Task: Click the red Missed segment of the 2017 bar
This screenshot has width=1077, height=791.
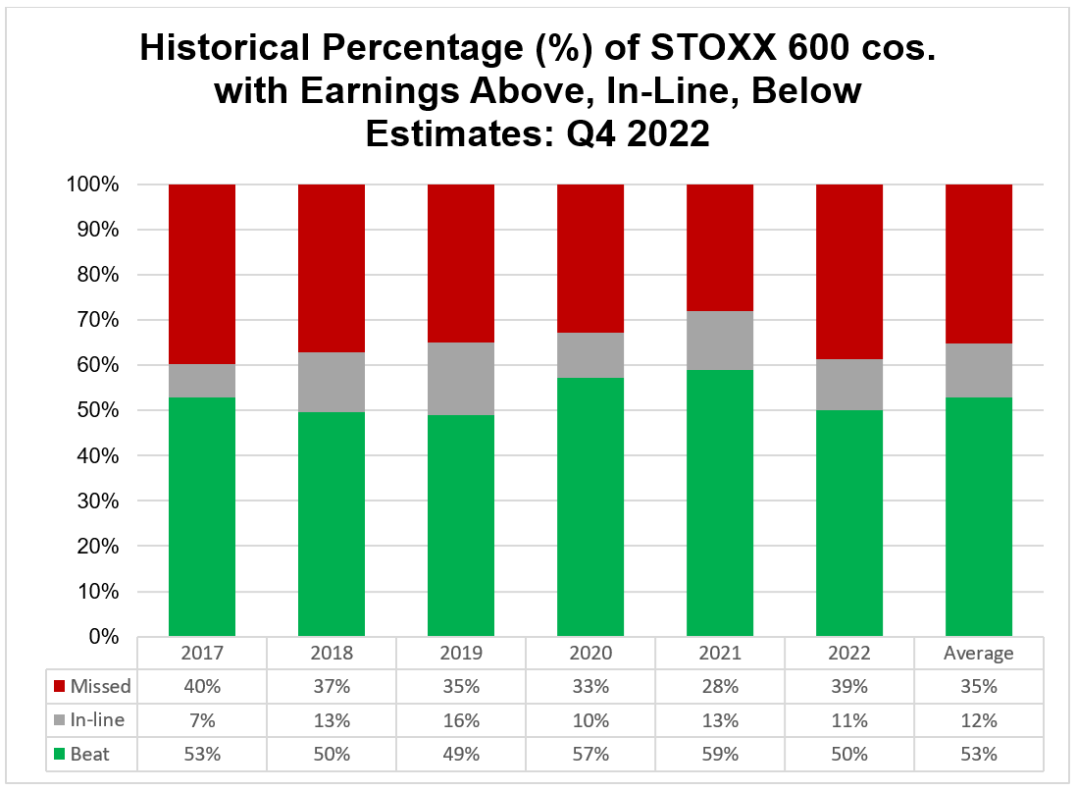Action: point(202,274)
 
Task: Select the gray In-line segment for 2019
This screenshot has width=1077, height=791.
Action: point(460,379)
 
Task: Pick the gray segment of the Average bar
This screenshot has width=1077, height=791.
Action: point(978,370)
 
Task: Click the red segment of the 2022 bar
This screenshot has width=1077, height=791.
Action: point(848,271)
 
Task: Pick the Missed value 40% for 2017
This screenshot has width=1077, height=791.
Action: point(202,686)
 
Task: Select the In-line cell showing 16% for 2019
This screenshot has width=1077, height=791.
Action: point(460,720)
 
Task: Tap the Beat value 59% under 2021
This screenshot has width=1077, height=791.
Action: point(719,754)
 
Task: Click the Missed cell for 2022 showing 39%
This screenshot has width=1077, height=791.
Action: point(848,686)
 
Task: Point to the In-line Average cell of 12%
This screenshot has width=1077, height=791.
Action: point(978,720)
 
